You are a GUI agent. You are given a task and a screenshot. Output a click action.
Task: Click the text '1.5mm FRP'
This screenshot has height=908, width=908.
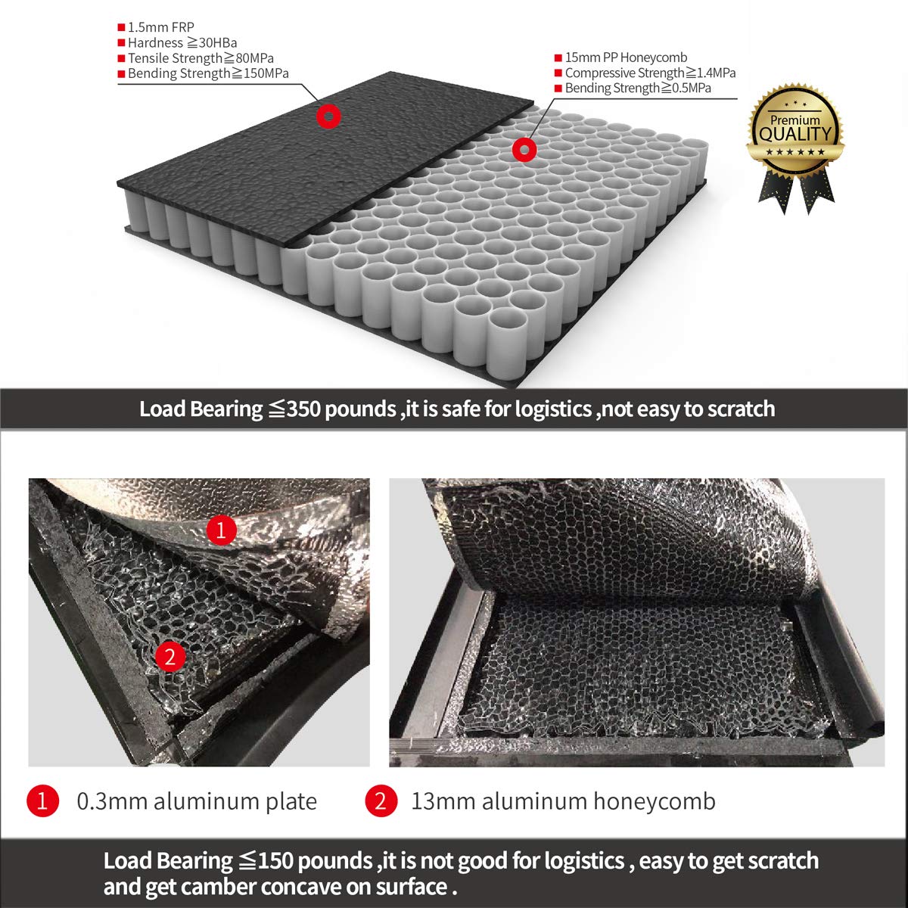point(161,28)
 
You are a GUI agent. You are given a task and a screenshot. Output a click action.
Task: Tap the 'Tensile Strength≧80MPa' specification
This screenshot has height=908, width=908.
point(201,58)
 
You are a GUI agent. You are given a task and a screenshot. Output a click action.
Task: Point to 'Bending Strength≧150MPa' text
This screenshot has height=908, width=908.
point(208,73)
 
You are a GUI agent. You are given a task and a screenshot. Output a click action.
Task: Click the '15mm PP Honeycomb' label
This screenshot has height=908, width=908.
point(626,58)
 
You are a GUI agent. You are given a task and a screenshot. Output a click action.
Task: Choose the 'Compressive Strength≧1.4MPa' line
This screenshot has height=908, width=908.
point(650,73)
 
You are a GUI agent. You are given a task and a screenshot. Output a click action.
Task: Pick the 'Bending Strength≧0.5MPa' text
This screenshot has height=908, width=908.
point(638,88)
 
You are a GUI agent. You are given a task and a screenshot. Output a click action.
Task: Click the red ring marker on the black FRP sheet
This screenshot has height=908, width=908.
point(328,117)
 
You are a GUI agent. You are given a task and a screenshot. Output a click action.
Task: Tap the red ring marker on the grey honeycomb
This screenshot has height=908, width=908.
point(522,149)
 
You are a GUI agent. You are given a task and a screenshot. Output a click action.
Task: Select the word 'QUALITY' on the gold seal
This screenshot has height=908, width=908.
point(795,135)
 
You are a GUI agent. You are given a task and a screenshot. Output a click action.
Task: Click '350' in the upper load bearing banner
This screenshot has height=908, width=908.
point(303,409)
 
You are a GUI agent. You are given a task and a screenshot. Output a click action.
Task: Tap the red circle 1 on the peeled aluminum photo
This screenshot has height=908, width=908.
point(221,530)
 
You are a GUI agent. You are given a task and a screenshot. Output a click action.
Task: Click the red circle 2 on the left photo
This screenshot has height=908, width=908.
point(169,656)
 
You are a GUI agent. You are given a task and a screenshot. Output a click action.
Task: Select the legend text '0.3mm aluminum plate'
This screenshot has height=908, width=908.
point(197,801)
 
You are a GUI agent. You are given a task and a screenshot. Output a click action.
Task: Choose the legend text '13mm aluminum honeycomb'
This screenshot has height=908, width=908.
point(563,801)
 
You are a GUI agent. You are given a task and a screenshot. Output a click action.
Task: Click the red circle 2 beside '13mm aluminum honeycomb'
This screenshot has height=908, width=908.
point(381,801)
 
